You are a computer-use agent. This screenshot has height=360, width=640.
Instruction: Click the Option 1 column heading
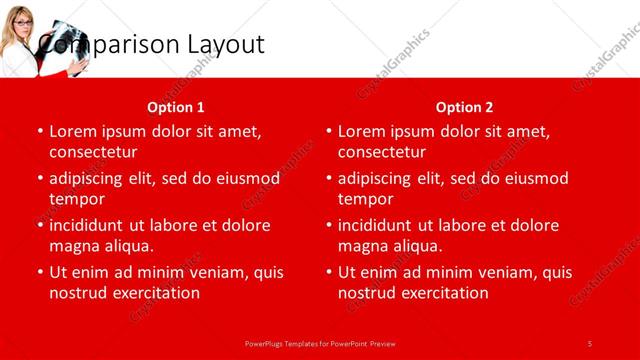coord(176,107)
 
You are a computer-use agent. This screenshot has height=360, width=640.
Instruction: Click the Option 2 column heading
coord(465,107)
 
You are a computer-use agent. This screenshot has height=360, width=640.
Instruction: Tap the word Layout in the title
coord(226,44)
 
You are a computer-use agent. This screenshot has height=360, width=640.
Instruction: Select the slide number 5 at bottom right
coord(590,343)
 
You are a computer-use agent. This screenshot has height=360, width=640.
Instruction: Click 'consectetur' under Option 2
coord(381,152)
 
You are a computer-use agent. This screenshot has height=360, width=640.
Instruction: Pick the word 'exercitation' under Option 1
coord(156,293)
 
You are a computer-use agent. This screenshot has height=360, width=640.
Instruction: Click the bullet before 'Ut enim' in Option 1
coord(39,272)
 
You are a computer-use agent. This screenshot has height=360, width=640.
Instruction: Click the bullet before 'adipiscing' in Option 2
coord(328,178)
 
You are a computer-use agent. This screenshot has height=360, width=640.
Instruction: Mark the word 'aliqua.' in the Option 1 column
coord(125,246)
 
